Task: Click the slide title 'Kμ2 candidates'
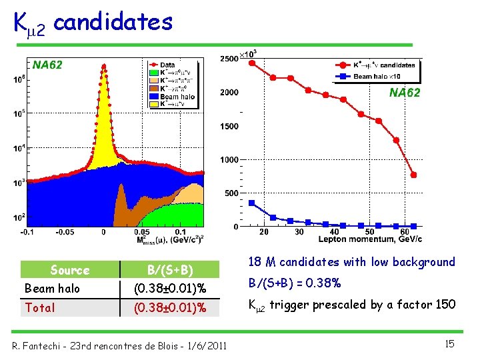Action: pos(93,23)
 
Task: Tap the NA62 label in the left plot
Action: pos(47,65)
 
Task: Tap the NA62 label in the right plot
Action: pos(405,93)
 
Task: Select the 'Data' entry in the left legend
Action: pos(167,65)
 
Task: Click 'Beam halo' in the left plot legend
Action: pos(177,97)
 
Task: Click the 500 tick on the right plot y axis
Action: pos(231,193)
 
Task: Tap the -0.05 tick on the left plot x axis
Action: pos(65,232)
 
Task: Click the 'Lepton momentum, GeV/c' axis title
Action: pos(369,239)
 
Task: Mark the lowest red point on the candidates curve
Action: pos(413,175)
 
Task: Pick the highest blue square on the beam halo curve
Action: pos(251,203)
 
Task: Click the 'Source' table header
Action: pos(70,270)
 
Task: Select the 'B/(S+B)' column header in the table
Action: pos(169,270)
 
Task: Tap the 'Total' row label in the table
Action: pos(40,307)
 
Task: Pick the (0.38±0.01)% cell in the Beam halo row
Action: pos(169,289)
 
